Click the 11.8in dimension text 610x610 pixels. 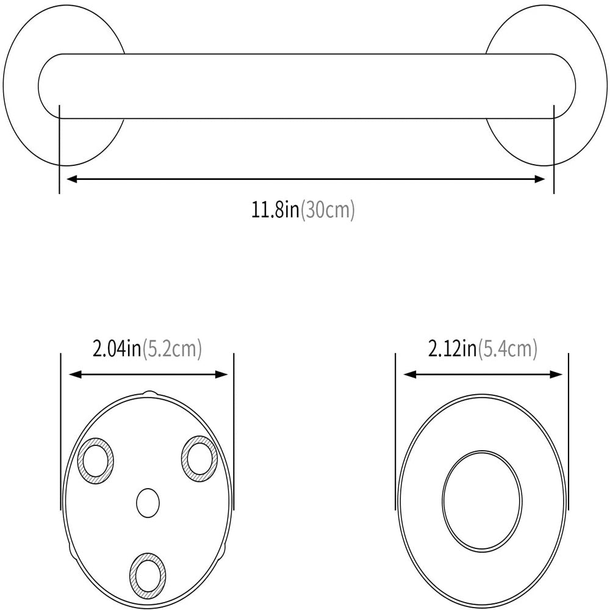[x=276, y=210]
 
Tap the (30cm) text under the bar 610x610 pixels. [x=328, y=210]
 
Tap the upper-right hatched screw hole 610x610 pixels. [x=198, y=457]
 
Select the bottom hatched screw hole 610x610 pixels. [x=147, y=574]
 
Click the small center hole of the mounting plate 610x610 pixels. [x=148, y=503]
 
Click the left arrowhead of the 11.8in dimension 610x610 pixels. [x=70, y=179]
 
